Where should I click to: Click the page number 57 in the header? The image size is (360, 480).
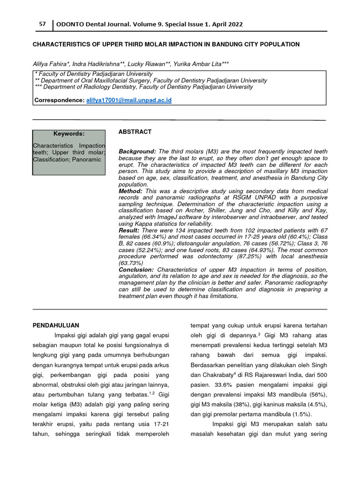42,24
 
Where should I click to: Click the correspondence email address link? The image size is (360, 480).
129,100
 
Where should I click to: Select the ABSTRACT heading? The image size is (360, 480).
135,132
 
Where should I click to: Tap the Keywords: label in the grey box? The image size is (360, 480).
69,134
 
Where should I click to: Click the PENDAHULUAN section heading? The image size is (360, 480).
56,325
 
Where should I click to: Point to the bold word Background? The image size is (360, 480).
137,152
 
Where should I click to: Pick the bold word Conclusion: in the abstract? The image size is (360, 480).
136,270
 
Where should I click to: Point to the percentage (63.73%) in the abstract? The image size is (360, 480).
130,263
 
